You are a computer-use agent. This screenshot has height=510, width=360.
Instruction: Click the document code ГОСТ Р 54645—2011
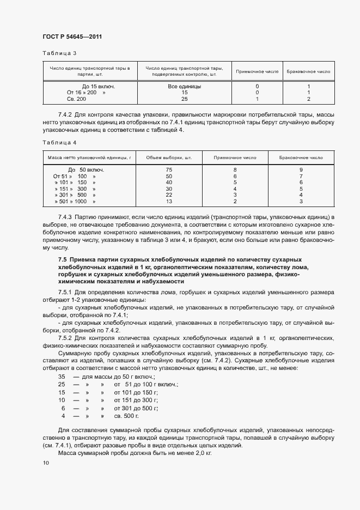[72, 37]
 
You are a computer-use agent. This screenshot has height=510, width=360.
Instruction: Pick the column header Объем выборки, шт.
[169, 157]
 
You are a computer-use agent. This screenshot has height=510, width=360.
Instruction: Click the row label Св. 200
[76, 99]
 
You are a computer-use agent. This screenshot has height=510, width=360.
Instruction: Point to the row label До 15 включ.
[99, 86]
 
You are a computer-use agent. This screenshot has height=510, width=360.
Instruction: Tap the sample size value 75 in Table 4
[169, 170]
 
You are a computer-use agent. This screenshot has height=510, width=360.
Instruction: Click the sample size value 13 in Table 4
[169, 202]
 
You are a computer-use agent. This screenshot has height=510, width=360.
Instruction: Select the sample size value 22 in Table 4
[169, 195]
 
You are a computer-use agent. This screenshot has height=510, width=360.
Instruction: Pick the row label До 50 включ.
[86, 170]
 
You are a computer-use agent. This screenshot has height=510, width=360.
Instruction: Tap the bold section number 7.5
[62, 259]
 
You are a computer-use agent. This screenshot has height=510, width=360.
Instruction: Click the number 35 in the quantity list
[62, 377]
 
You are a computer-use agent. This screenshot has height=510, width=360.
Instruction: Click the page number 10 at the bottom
[46, 463]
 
